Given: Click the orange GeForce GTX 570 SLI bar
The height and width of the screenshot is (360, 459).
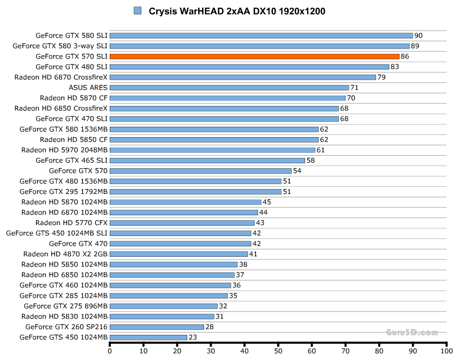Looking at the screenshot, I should click(x=254, y=56).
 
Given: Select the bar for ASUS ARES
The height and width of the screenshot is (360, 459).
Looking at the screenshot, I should click(x=229, y=87).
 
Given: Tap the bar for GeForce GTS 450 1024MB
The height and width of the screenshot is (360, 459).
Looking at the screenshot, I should click(x=148, y=337).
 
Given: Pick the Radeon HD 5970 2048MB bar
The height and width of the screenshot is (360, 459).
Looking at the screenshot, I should click(x=213, y=150).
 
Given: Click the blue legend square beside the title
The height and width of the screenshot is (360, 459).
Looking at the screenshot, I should click(x=137, y=11).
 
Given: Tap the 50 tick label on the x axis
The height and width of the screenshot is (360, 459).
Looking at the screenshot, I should click(x=278, y=352).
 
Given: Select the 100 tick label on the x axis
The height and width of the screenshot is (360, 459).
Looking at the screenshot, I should click(x=447, y=352).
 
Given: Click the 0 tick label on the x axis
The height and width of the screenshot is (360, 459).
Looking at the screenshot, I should click(x=110, y=352).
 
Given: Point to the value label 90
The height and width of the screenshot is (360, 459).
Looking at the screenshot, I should click(x=418, y=36).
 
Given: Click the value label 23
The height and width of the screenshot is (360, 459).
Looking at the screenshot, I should click(x=192, y=337).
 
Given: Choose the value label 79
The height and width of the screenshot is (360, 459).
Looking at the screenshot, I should click(x=381, y=77).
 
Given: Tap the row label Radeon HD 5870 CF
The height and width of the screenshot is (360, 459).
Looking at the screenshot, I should click(x=74, y=98).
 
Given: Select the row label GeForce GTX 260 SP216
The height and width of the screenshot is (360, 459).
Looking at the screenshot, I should click(x=67, y=327).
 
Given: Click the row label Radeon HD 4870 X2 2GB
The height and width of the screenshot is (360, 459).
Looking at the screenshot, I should click(x=65, y=254).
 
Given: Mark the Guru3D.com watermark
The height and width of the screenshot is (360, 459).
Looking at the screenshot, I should click(x=412, y=332).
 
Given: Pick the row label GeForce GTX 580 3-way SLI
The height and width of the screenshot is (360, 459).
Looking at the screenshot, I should click(x=60, y=46).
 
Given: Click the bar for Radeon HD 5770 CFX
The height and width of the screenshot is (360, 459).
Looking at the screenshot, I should click(x=182, y=223).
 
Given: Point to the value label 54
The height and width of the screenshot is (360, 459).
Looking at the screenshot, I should click(x=297, y=171).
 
